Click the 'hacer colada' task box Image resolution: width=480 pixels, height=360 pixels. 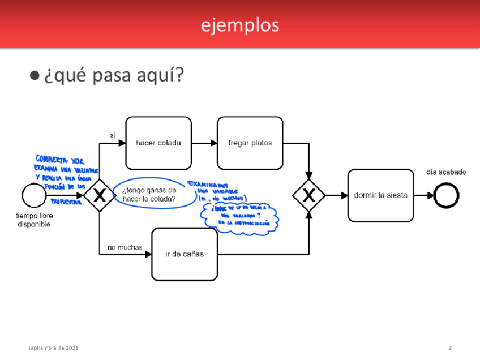[158, 143]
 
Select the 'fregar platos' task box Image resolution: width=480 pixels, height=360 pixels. [250, 143]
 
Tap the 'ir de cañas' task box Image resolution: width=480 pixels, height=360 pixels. [185, 254]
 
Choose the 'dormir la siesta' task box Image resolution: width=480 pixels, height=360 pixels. [380, 195]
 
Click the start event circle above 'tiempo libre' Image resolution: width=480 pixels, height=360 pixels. [33, 195]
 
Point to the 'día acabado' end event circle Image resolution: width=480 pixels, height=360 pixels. [447, 196]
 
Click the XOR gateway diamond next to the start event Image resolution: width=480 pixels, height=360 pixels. [100, 196]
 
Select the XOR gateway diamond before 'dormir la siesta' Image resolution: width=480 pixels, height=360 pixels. [308, 196]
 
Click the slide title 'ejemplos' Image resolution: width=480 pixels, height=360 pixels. [240, 25]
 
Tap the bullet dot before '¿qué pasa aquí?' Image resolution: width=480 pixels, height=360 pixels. [35, 75]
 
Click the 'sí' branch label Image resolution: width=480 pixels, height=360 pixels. [112, 135]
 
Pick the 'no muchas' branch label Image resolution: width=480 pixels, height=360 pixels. [125, 247]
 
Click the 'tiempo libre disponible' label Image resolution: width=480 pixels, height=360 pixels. [35, 220]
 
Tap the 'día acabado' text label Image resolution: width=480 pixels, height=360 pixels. [446, 172]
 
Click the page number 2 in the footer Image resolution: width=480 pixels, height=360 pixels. [449, 348]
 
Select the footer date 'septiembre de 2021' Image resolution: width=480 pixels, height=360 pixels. [54, 348]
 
